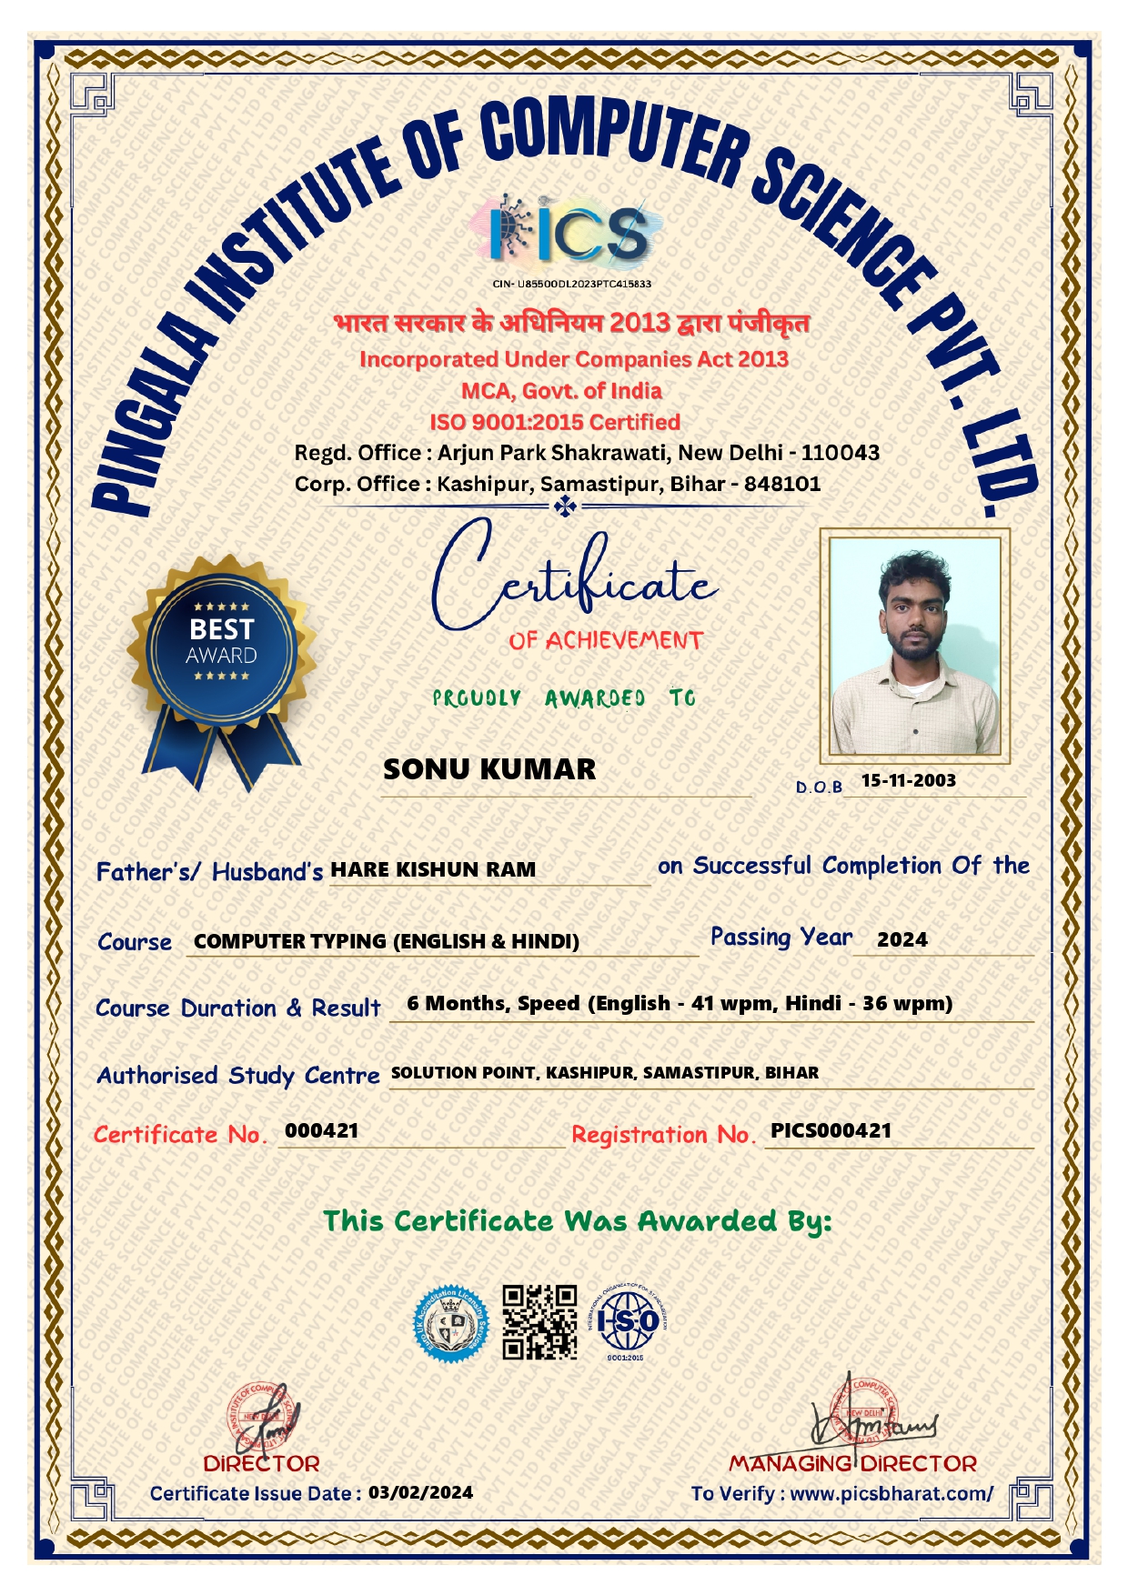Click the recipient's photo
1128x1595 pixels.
[913, 645]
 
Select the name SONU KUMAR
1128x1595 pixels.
[489, 769]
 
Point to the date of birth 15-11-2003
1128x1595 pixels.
[908, 780]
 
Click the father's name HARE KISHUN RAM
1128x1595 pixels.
[433, 869]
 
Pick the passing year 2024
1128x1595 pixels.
[901, 939]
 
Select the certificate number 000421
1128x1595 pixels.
[322, 1130]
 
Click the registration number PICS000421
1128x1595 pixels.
[831, 1130]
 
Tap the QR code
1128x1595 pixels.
[540, 1322]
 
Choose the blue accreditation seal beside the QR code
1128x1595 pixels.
[451, 1324]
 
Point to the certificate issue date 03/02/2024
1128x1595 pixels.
[420, 1492]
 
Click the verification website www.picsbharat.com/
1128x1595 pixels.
[891, 1493]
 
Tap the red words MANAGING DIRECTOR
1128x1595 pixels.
[852, 1464]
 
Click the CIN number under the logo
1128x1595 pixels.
[571, 284]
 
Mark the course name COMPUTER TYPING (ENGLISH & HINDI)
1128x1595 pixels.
[387, 941]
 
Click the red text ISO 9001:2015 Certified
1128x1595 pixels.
[555, 422]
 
